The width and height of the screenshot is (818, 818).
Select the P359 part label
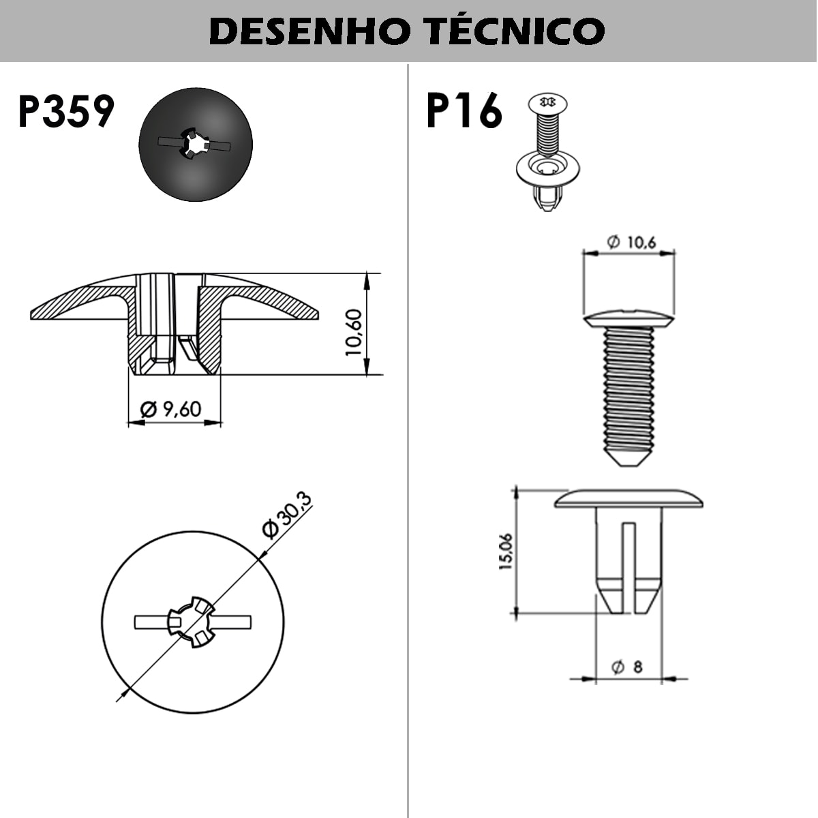click(66, 112)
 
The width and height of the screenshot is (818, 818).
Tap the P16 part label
click(464, 111)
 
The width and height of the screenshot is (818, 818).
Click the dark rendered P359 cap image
click(196, 145)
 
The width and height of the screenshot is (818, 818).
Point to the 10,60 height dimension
click(354, 332)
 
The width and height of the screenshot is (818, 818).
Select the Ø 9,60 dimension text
click(171, 409)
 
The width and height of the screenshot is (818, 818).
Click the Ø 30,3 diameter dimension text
click(287, 516)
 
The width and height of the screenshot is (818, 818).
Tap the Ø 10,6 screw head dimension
click(631, 242)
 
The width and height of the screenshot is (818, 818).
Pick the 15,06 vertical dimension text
click(506, 551)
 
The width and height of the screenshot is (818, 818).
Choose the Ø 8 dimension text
click(628, 667)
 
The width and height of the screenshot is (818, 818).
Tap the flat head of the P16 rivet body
click(628, 498)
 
